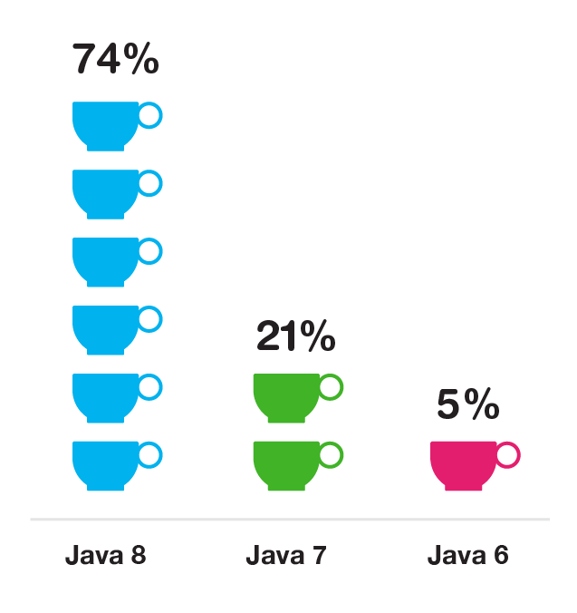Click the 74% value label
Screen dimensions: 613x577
pos(115,60)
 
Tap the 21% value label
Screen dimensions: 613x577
pos(295,337)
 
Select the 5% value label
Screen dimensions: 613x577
pos(467,405)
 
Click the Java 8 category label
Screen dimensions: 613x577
pos(105,555)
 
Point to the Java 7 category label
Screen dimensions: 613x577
pos(285,555)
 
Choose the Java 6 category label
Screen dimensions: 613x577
pos(467,555)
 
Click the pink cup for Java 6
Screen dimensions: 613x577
pos(463,463)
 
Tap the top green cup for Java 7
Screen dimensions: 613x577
pos(286,395)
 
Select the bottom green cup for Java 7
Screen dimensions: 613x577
pos(286,463)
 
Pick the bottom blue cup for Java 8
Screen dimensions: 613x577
pos(105,463)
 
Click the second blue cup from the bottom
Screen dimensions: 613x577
pos(105,395)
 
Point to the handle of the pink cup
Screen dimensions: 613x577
pos(507,454)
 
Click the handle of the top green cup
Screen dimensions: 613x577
pos(332,386)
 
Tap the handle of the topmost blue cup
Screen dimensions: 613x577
pos(150,115)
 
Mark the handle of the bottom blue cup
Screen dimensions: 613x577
pos(150,454)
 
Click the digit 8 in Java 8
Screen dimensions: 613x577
pos(137,555)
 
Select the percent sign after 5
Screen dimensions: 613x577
pos(484,405)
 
